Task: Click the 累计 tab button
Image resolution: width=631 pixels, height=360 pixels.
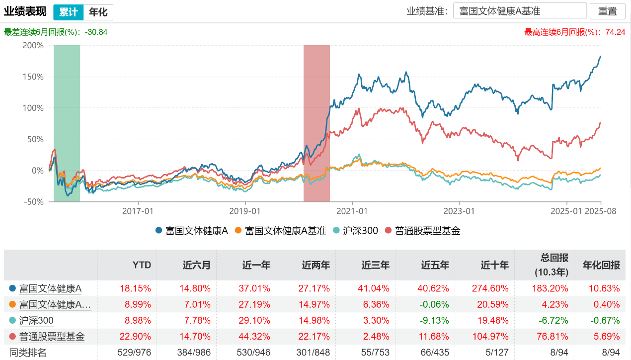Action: [68, 12]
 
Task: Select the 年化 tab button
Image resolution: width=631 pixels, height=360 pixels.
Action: [98, 12]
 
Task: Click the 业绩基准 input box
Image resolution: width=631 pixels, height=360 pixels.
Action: [520, 11]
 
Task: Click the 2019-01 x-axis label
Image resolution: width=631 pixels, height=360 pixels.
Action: [245, 211]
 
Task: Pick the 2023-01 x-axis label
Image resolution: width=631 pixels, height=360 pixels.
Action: [460, 211]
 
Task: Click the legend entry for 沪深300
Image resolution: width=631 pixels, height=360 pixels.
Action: [356, 230]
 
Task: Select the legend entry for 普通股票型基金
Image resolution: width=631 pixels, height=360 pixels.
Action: [422, 230]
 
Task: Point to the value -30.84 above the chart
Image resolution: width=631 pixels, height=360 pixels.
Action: [96, 32]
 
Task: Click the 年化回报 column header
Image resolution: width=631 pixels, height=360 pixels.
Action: [601, 265]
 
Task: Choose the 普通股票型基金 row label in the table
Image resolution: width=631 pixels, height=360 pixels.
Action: [52, 337]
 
